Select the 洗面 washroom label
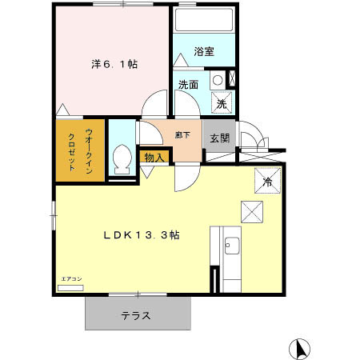tap(188, 84)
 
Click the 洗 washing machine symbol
tap(222, 102)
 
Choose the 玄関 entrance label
tap(220, 138)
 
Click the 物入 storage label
tap(155, 158)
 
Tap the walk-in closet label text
tap(81, 150)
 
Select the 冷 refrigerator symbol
tap(267, 182)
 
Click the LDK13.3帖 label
tap(141, 235)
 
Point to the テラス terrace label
tap(136, 315)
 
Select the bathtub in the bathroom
tap(203, 20)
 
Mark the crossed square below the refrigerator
tap(252, 212)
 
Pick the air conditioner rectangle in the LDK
tap(71, 286)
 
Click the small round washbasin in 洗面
tap(217, 80)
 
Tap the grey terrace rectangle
tap(138, 314)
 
